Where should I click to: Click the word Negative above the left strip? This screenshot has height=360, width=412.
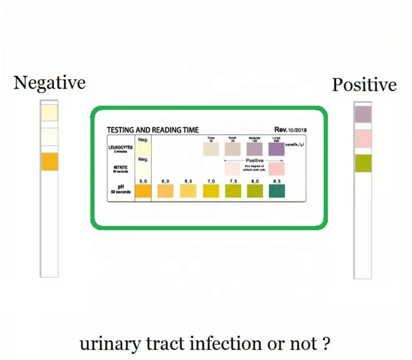(49, 83)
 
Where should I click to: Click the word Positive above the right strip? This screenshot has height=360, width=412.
(364, 85)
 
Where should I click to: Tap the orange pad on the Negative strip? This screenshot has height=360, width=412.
(49, 161)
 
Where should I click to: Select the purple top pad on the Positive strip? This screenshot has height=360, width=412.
(362, 114)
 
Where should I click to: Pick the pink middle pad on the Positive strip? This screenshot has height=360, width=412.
(362, 139)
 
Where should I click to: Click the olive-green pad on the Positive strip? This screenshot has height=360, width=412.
(362, 163)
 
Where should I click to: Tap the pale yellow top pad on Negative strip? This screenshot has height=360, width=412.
(49, 112)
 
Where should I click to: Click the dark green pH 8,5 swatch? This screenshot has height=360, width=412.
(277, 191)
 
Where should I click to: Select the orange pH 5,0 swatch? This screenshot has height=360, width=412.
(143, 191)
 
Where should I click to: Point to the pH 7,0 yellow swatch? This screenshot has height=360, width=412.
(211, 191)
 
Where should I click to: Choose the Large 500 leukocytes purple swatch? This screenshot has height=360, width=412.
(277, 149)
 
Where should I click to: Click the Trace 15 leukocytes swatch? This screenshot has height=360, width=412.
(211, 149)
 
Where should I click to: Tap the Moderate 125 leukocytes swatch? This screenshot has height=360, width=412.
(255, 149)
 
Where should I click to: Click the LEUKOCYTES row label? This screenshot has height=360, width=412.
(120, 148)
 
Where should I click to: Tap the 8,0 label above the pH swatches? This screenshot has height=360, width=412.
(255, 181)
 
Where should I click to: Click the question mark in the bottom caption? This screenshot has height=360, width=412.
(325, 343)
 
